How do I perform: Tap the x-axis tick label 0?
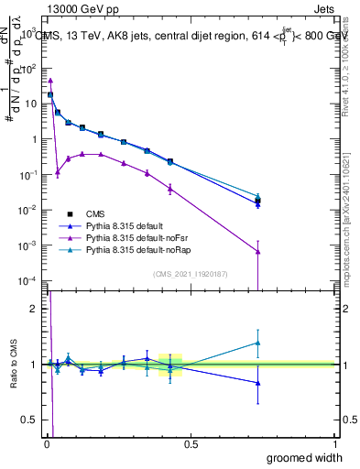(48, 444)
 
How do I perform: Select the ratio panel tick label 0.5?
(29, 420)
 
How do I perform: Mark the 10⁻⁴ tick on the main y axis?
(27, 280)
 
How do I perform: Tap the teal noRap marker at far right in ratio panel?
(258, 344)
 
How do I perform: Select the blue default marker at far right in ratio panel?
(258, 383)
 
